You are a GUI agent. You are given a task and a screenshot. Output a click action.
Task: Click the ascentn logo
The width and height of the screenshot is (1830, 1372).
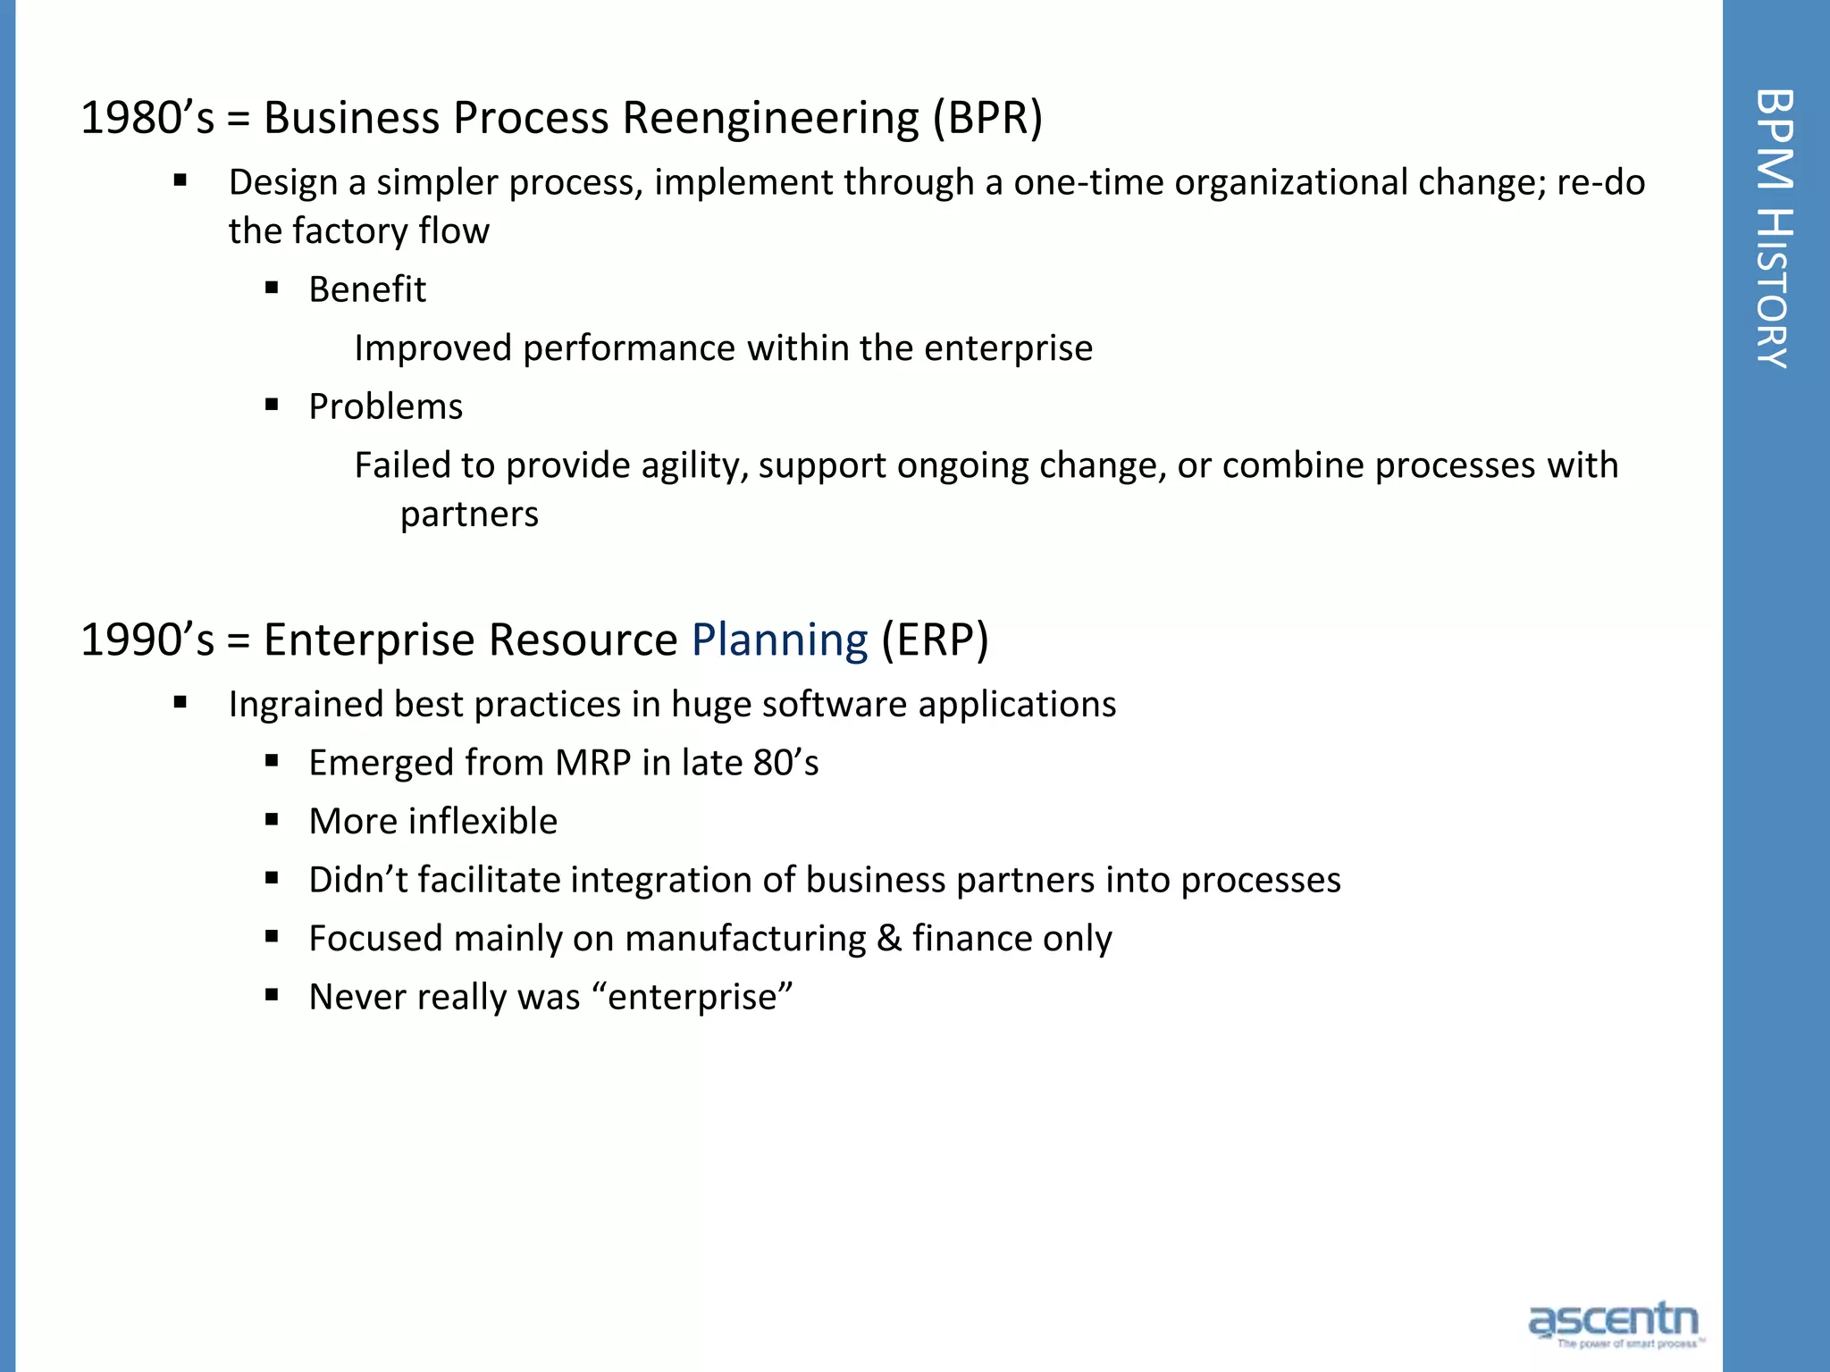point(1614,1323)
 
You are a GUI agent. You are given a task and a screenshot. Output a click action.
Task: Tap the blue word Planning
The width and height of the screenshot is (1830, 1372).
point(779,640)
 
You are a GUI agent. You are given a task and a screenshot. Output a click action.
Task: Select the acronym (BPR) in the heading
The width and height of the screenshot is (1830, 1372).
point(987,118)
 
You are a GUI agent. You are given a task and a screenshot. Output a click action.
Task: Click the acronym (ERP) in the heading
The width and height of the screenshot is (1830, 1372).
point(935,640)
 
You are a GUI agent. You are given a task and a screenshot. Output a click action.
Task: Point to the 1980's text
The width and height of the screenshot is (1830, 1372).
point(147,118)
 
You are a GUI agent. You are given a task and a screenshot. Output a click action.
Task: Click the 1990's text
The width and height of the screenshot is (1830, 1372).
point(147,640)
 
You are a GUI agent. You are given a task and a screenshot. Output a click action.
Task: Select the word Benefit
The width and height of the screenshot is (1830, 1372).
point(367,289)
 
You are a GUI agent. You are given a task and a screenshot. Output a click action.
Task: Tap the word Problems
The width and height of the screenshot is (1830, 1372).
point(385,406)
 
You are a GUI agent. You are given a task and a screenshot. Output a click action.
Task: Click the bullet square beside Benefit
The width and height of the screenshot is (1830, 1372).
point(273,288)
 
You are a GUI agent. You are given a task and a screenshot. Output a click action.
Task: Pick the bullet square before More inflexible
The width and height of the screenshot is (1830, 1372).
point(273,819)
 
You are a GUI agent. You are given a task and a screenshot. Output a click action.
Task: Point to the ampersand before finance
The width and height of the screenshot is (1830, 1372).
point(889,939)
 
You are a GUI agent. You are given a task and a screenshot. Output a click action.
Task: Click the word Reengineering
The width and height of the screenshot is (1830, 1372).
point(770,118)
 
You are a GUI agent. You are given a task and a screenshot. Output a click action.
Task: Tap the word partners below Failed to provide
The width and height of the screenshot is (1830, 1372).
point(469,514)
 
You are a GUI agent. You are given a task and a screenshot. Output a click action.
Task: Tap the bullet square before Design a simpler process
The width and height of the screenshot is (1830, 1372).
point(180,180)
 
